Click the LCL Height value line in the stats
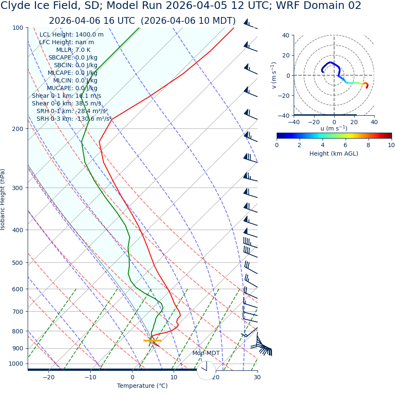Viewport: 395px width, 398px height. coord(72,35)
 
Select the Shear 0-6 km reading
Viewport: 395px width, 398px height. coord(66,103)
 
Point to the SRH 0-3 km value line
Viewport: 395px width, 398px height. coord(74,119)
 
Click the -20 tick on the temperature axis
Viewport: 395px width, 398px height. coord(49,377)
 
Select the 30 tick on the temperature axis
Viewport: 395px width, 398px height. coord(257,377)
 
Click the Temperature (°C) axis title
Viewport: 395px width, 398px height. coord(142,386)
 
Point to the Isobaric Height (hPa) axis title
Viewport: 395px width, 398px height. coord(3,199)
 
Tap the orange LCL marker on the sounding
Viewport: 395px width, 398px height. coord(152,341)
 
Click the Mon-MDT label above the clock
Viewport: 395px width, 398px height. coord(206,353)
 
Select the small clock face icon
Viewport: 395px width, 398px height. coord(206,370)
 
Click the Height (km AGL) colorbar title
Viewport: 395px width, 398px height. coord(334,154)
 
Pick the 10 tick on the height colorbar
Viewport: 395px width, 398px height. coord(391,145)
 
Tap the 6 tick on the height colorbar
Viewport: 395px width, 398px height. coord(345,145)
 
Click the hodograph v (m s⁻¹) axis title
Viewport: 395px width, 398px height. coord(274,75)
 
